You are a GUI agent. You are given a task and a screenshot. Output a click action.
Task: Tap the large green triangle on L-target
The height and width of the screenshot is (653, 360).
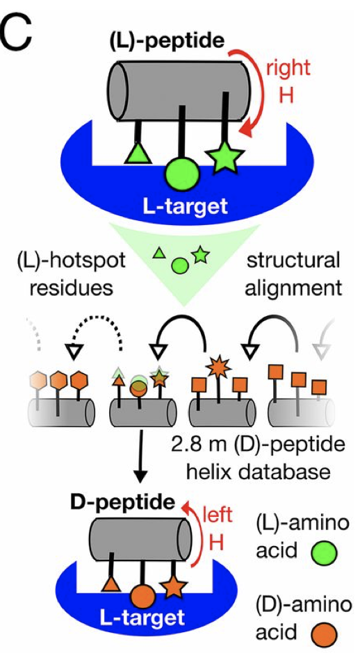137,151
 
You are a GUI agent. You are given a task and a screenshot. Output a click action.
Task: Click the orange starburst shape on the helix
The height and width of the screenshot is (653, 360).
219,366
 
